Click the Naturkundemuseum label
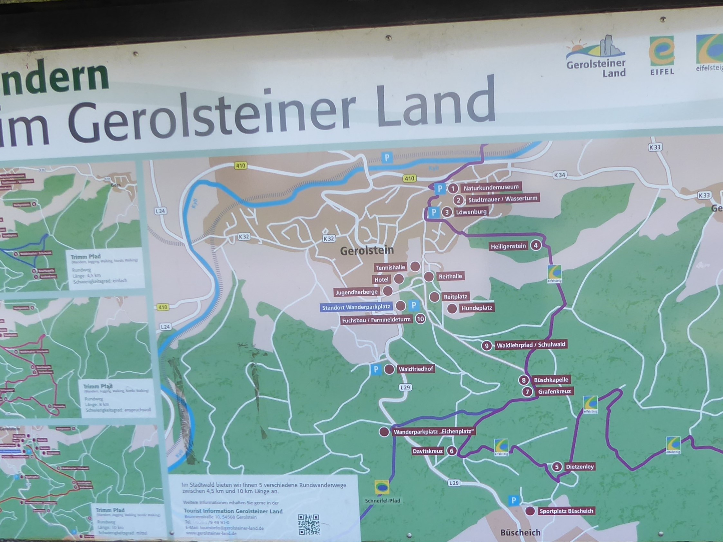coord(491,188)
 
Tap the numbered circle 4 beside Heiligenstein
coord(535,245)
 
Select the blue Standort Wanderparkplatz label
coord(356,307)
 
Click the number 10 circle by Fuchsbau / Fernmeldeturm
coord(420,319)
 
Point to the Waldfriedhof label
coord(416,369)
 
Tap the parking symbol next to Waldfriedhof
coord(376,369)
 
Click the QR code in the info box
coord(309,524)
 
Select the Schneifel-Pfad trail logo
coord(381,488)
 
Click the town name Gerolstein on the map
coord(367,251)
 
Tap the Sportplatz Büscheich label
coord(566,511)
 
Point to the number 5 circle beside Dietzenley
coord(557,467)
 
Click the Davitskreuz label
coord(427,451)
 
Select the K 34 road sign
coord(559,175)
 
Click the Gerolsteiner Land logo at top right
coord(596,57)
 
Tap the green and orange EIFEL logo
coord(662,56)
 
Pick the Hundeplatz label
coord(476,308)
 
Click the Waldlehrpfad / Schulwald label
coord(531,345)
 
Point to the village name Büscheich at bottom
coord(520,532)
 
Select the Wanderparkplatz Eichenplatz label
coord(433,432)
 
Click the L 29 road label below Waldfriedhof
coord(405,388)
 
